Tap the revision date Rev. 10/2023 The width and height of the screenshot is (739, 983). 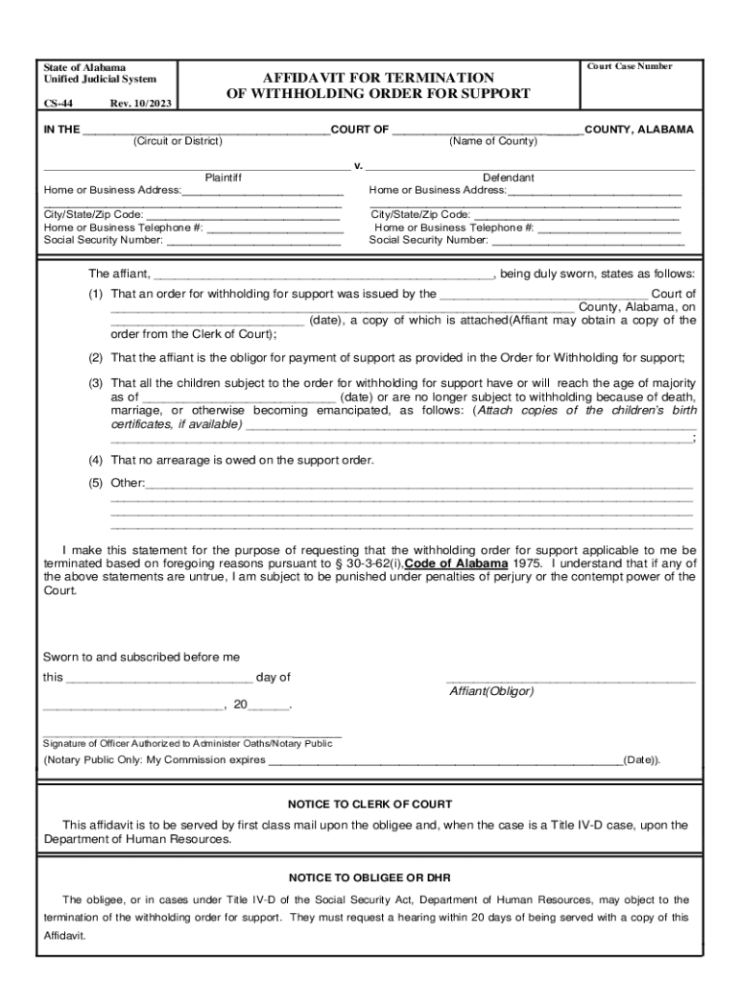pyautogui.click(x=141, y=104)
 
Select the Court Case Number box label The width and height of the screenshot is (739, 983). pyautogui.click(x=629, y=66)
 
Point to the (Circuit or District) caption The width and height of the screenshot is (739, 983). pyautogui.click(x=178, y=142)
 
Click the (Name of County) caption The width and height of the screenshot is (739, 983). pyautogui.click(x=493, y=142)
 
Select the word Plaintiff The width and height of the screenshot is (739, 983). pyautogui.click(x=224, y=178)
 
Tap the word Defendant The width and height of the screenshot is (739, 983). pyautogui.click(x=508, y=178)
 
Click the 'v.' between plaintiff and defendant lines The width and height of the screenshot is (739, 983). pyautogui.click(x=357, y=165)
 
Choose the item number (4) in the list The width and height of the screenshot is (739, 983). pyautogui.click(x=97, y=460)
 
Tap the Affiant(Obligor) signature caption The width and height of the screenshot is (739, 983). pyautogui.click(x=491, y=691)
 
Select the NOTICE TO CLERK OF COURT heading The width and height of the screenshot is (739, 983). pyautogui.click(x=369, y=803)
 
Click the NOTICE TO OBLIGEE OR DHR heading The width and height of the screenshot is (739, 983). pyautogui.click(x=369, y=877)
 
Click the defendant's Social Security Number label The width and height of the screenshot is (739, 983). pyautogui.click(x=428, y=240)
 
